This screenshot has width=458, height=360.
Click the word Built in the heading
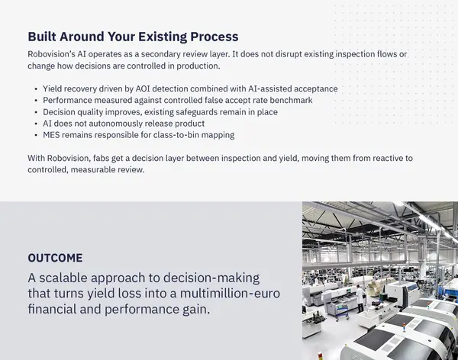click(x=44, y=37)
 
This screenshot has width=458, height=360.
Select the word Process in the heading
click(x=212, y=37)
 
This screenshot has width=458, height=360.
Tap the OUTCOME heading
click(x=55, y=258)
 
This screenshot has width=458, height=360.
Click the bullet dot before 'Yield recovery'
click(x=36, y=89)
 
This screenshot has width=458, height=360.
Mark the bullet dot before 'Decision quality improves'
click(x=36, y=112)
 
